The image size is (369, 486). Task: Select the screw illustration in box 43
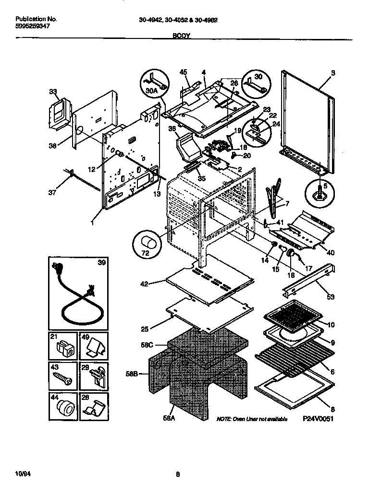click(x=63, y=377)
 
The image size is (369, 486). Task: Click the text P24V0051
click(x=318, y=419)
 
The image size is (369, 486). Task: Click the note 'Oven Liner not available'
click(x=252, y=419)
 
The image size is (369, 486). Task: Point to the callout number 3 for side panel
click(x=333, y=73)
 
